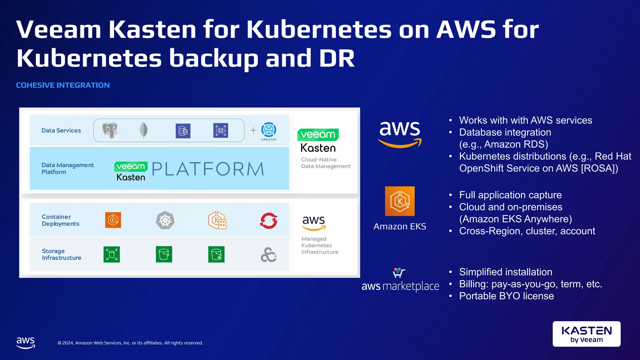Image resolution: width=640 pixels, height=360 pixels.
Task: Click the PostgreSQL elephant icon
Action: point(110,130)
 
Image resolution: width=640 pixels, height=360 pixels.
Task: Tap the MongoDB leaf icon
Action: point(143,130)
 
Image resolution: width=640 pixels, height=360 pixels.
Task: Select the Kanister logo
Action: point(269,130)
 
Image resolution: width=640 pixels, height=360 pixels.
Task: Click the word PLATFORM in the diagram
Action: point(208,169)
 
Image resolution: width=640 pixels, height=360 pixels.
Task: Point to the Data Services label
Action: point(61,130)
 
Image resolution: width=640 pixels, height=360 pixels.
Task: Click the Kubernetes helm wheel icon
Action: point(165,221)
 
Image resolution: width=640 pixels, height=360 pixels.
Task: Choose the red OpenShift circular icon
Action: point(269,221)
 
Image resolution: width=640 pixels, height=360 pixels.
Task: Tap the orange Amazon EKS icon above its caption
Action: point(400,201)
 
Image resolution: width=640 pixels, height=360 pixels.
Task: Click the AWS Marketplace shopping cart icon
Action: point(399,272)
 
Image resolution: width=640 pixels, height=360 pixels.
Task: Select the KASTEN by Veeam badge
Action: point(587,334)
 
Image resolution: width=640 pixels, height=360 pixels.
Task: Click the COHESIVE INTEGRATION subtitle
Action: point(63,85)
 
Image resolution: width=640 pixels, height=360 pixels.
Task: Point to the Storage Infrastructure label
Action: point(62,254)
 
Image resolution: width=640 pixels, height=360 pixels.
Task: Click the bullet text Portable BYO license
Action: point(506,296)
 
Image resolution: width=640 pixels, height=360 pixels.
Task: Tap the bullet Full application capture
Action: point(510,195)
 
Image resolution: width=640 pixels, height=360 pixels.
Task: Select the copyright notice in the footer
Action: point(130,343)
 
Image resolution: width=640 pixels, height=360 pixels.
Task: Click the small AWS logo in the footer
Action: point(26,342)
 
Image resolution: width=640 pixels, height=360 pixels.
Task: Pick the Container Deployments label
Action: point(60,220)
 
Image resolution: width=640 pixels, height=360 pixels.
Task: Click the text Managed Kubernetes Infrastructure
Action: point(319,245)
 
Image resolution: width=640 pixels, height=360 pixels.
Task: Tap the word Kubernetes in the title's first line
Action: point(319,30)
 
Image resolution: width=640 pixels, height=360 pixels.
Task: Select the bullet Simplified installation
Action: point(505,272)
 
